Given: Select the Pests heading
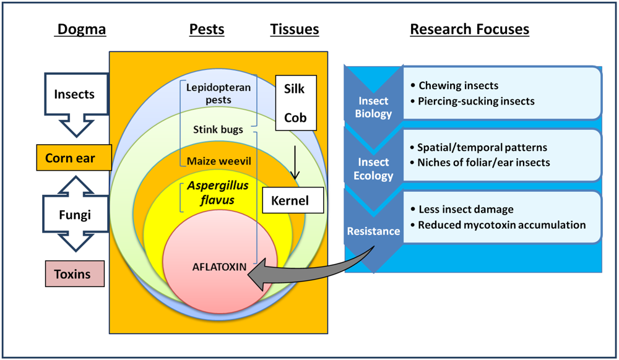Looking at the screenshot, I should point(207,29).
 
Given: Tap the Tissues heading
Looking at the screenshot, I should point(295,29).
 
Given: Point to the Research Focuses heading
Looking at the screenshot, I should point(470,29).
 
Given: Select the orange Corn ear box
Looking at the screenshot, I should point(74,158).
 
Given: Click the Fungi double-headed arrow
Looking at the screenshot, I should point(74,215).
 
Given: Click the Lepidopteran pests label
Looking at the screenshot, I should point(219,93).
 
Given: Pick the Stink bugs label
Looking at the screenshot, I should point(219,131).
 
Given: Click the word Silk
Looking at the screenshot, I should point(295,88).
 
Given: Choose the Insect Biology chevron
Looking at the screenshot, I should point(374,106).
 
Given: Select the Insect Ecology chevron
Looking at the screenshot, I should point(374,168).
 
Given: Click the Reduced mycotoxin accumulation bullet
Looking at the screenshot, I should point(501,225).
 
